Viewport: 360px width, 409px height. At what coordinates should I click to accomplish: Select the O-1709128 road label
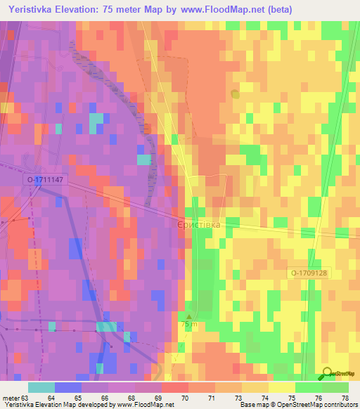click(308, 273)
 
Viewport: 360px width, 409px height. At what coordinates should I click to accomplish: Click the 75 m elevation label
click(189, 325)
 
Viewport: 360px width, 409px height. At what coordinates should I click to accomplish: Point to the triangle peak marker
click(189, 316)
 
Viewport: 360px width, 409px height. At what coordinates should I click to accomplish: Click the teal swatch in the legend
click(41, 387)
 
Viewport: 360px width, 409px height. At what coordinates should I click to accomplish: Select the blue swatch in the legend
click(68, 387)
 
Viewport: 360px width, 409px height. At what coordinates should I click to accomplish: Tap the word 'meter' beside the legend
click(10, 398)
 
